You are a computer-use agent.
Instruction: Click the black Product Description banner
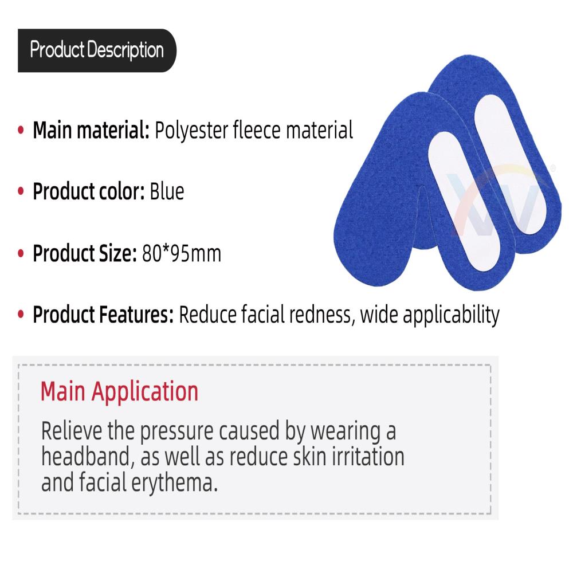tap(97, 50)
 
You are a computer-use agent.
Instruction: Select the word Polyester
tap(192, 131)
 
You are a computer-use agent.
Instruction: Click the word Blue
tap(167, 191)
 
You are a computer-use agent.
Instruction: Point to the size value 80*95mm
tap(182, 253)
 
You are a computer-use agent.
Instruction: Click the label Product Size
tap(85, 253)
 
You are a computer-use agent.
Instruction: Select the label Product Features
tap(103, 314)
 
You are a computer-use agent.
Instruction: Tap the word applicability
tap(451, 315)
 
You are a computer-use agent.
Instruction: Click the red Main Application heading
tap(120, 392)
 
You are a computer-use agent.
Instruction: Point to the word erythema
tap(174, 483)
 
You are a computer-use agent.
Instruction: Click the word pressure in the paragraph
tap(177, 432)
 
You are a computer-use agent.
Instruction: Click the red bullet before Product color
tap(21, 191)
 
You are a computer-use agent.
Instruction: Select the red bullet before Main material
tap(21, 129)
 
